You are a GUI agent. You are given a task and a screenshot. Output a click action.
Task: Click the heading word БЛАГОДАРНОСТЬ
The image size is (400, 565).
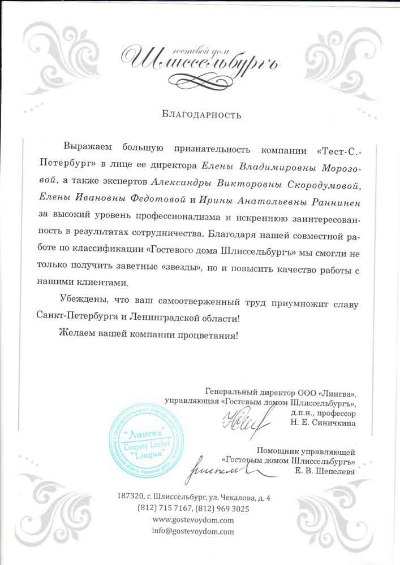(201, 115)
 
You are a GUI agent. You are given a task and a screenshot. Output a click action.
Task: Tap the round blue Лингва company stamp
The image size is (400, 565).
(148, 438)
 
